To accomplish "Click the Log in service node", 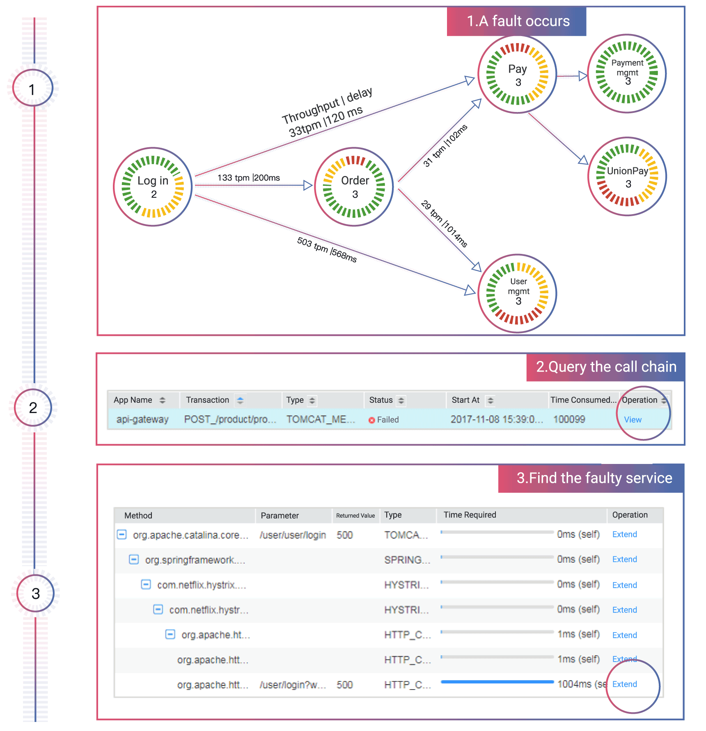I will [x=153, y=187].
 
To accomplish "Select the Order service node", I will [x=354, y=187].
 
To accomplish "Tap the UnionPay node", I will [x=627, y=176].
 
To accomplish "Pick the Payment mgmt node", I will [x=627, y=73].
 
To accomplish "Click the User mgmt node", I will [x=518, y=293].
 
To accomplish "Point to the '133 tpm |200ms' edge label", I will [x=248, y=178].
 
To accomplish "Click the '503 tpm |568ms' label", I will [x=327, y=249].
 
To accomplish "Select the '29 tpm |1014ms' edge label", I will [x=445, y=224].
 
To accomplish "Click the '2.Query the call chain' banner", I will [x=605, y=367].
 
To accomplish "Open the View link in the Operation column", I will [x=633, y=420].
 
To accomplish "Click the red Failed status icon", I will [x=372, y=420].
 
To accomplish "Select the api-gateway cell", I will [x=142, y=419].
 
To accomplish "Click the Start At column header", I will [x=465, y=400].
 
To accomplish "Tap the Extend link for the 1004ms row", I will [x=624, y=684].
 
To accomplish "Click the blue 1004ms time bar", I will [x=497, y=682].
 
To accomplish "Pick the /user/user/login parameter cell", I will [x=293, y=535].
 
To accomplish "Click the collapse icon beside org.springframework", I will [x=134, y=560].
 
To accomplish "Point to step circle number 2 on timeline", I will [x=33, y=408].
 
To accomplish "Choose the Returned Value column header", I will [x=355, y=516].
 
